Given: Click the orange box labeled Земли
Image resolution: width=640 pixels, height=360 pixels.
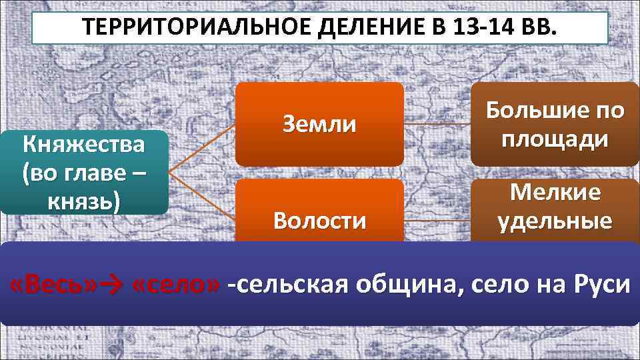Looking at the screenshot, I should [319, 124].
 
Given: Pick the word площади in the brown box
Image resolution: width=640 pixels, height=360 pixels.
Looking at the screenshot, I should [555, 140].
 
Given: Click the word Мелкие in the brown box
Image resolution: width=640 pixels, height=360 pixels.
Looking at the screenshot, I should [555, 193].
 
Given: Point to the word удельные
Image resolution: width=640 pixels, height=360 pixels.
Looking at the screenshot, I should [555, 221].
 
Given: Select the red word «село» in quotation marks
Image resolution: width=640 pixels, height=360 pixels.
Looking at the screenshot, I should [175, 286].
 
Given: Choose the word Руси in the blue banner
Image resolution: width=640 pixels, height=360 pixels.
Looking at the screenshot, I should [599, 286].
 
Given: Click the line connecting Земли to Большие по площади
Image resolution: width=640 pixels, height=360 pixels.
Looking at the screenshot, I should [437, 124].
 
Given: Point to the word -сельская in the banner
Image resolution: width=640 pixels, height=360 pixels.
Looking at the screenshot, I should [287, 286].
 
